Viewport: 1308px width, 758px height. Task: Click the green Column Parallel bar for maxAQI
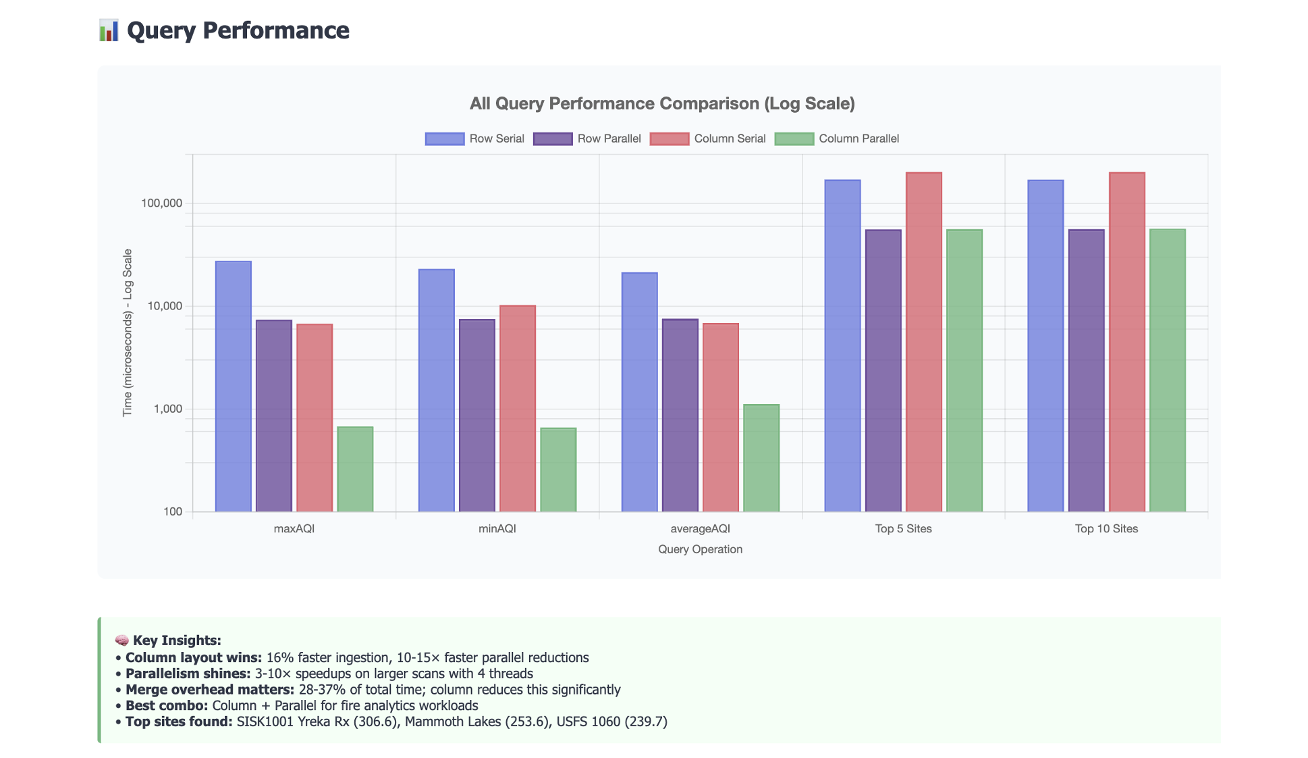[355, 469]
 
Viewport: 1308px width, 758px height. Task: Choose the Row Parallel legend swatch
[553, 138]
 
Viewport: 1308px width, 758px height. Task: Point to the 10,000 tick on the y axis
[165, 306]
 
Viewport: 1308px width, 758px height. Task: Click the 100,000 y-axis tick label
[161, 203]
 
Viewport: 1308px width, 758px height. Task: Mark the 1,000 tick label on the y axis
[168, 409]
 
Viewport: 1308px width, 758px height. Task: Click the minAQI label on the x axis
[497, 529]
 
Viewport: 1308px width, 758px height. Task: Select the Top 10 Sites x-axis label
[1106, 529]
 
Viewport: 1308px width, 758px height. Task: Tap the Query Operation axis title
[700, 549]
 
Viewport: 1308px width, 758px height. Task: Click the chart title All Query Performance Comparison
[662, 103]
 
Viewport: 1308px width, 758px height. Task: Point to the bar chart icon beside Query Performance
[109, 30]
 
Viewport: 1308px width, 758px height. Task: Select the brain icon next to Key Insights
[121, 640]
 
